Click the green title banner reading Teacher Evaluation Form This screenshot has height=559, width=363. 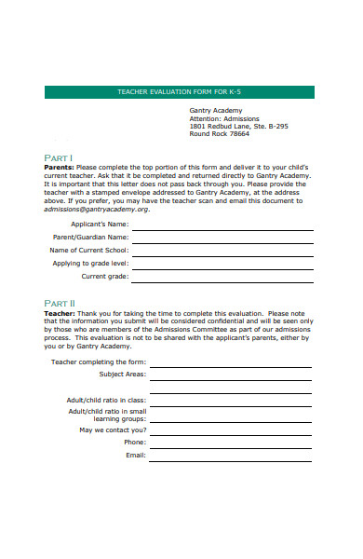[180, 92]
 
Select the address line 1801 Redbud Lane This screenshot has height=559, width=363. [238, 126]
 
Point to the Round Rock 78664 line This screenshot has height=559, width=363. [220, 134]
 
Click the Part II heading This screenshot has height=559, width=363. [60, 304]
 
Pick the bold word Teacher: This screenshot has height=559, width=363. [61, 314]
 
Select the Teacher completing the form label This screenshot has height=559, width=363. [99, 361]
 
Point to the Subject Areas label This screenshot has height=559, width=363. [122, 374]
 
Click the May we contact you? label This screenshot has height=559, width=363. [113, 429]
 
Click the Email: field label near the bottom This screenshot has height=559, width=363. [135, 455]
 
